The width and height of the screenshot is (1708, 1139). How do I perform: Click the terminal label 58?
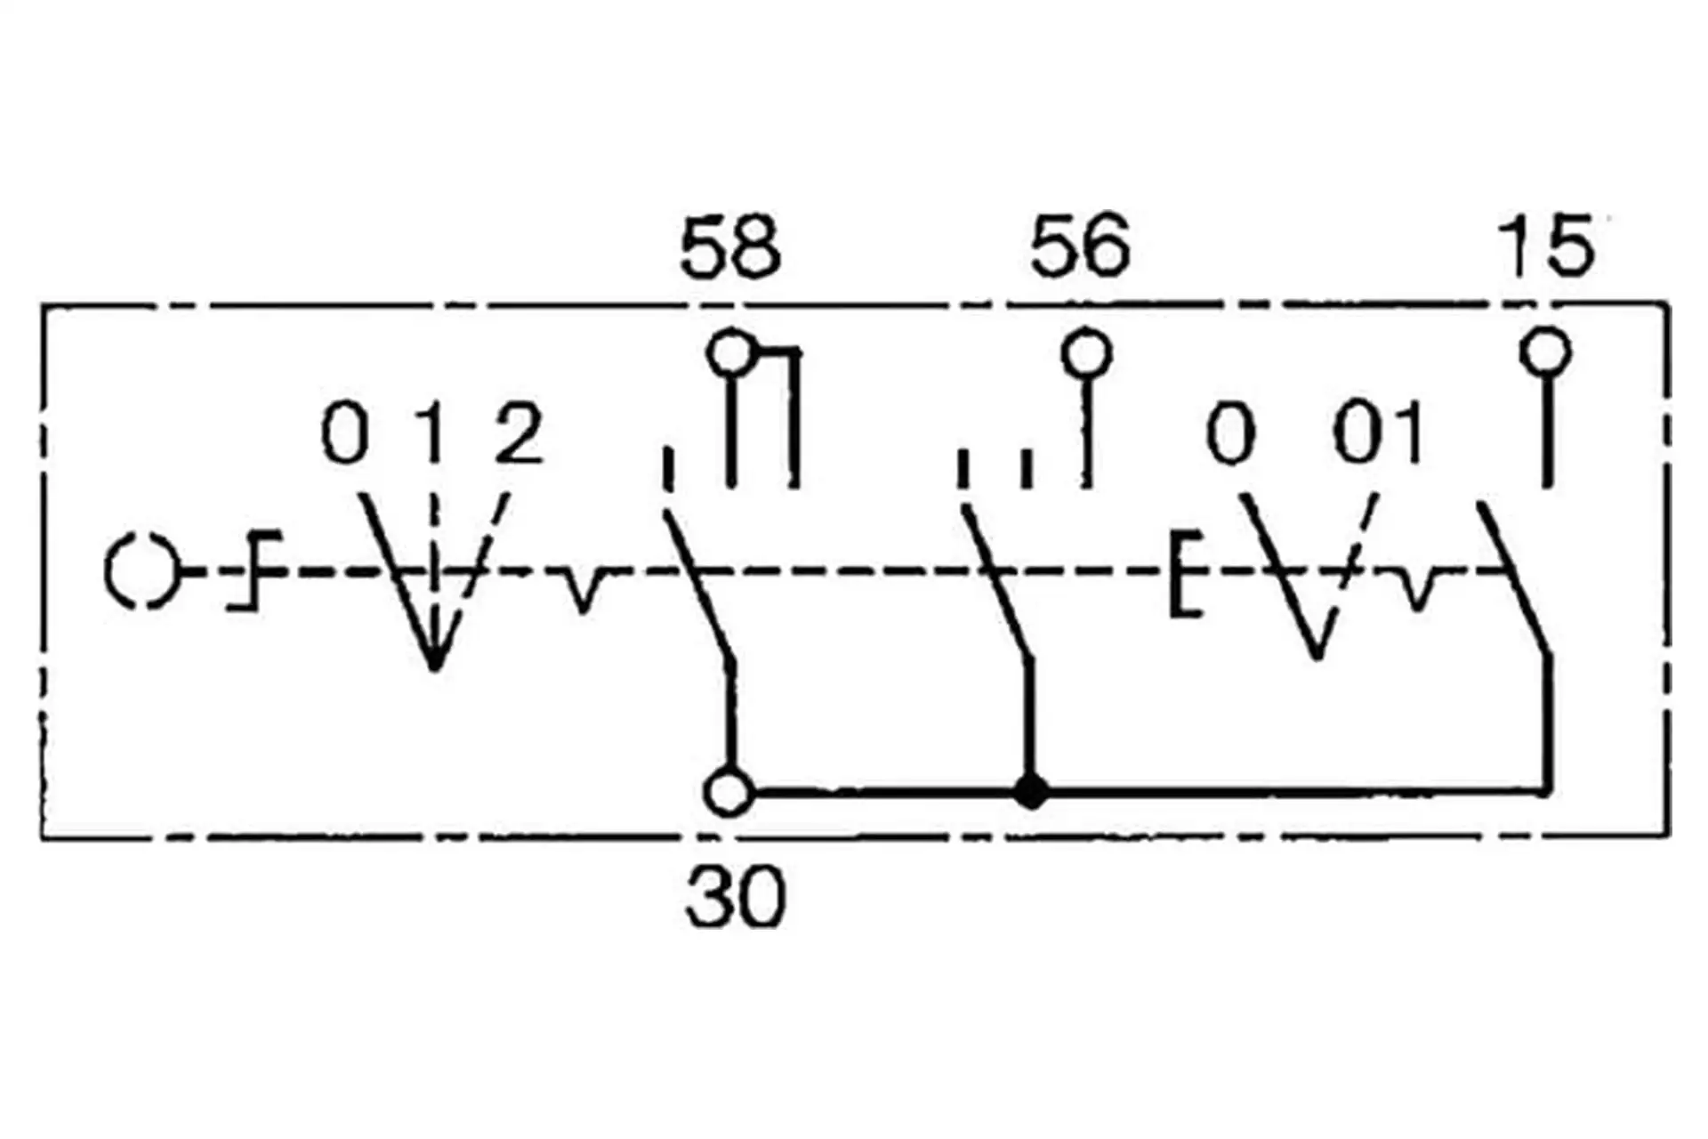[x=729, y=246]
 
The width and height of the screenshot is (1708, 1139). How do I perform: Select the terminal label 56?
[x=1080, y=246]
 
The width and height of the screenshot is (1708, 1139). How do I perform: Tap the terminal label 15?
[x=1546, y=246]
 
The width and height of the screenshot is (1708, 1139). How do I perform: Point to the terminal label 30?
[x=736, y=897]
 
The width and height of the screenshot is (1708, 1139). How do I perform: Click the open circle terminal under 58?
[x=730, y=354]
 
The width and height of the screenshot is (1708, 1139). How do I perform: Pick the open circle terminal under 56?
[x=1086, y=353]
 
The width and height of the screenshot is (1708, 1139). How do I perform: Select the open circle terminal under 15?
[x=1545, y=351]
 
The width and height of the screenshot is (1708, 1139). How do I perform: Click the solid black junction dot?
[x=1031, y=791]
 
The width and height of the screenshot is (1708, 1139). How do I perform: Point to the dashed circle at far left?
[x=141, y=572]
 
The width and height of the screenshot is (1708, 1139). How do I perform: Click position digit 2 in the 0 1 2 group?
[x=519, y=433]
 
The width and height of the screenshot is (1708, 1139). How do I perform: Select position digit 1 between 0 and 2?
[x=433, y=433]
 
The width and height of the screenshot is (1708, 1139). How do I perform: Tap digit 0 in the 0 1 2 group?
[x=344, y=433]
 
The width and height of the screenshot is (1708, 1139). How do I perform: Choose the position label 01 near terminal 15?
[x=1378, y=433]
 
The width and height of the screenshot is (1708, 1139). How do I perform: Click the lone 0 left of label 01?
[x=1230, y=433]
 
